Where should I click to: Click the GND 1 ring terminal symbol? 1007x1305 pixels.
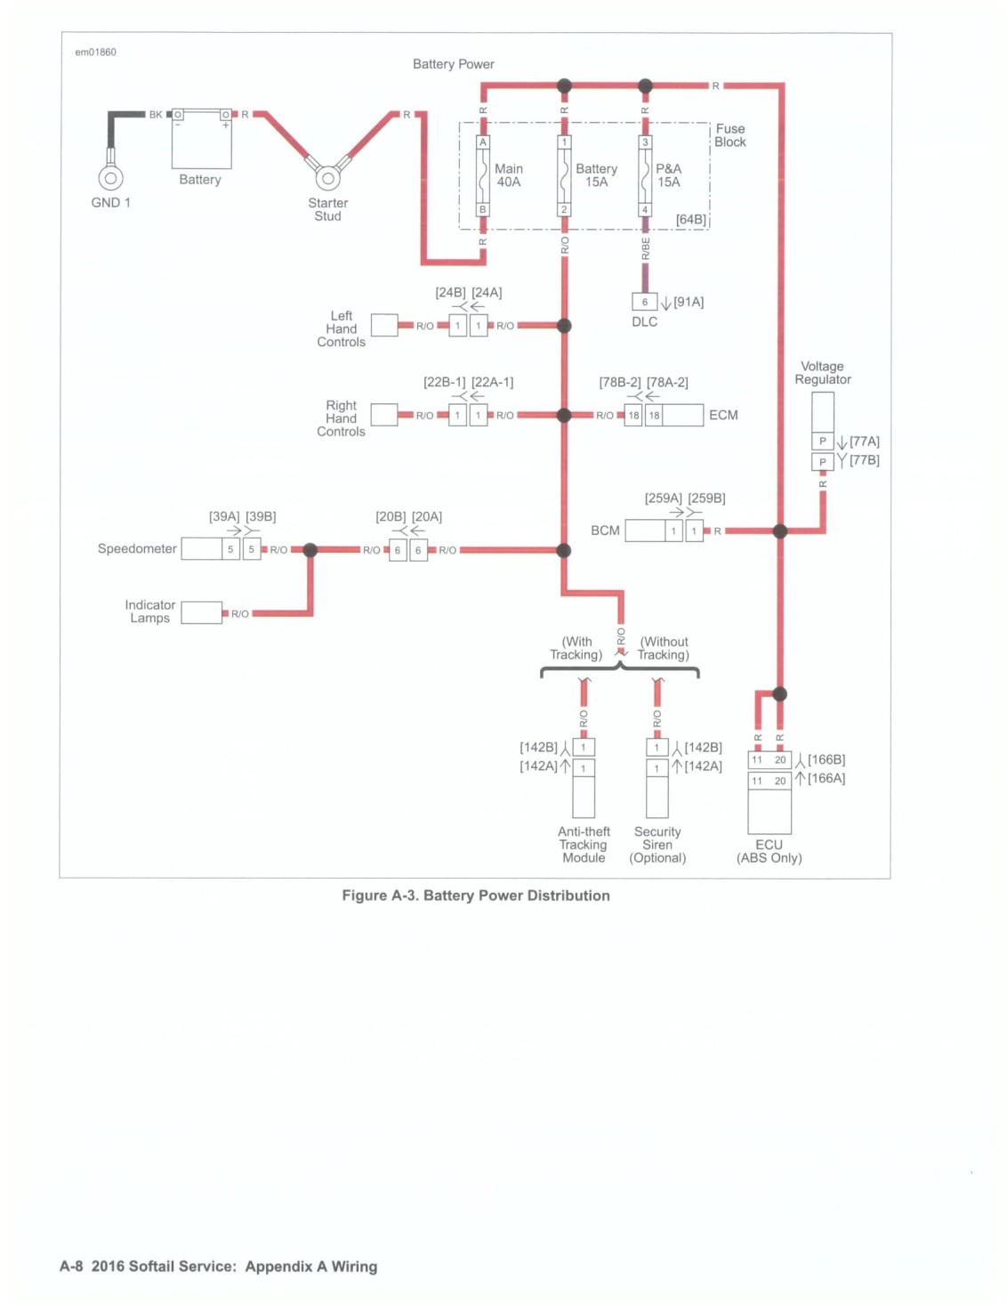pos(110,178)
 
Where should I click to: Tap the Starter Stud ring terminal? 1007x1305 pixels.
pos(327,178)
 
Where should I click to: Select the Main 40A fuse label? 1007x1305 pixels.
pos(509,175)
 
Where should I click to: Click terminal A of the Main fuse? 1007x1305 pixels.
pos(482,142)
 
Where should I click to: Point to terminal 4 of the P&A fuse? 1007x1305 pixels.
pos(645,209)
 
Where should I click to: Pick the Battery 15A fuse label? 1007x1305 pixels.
pos(596,175)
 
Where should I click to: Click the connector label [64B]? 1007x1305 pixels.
pos(690,219)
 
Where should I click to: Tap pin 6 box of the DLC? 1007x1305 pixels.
pos(645,302)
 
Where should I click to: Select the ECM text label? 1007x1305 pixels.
pos(723,415)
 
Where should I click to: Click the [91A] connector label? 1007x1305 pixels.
pos(689,302)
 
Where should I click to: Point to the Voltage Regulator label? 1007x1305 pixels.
pos(822,372)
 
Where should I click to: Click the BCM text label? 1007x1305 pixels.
pos(605,531)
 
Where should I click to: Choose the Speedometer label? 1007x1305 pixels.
pos(137,548)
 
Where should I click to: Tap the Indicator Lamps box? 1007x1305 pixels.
pos(202,612)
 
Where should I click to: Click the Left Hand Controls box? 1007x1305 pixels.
pos(384,325)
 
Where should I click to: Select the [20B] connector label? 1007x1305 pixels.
pos(390,516)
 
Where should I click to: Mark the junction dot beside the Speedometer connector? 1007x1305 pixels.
pos(310,549)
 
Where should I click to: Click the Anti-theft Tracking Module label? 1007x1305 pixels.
pos(584,845)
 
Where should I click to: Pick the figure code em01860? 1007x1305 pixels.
pos(95,53)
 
